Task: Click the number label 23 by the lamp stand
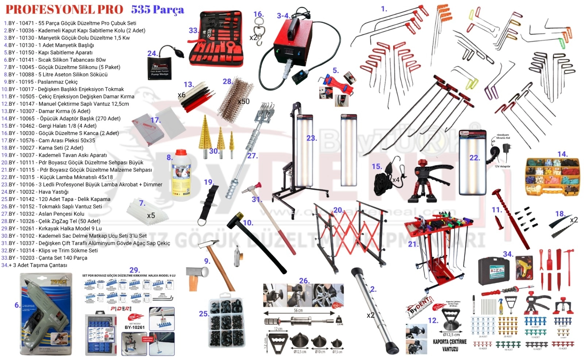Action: pos(311,138)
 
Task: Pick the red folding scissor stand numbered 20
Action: pos(350,233)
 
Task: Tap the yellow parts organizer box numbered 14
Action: pos(552,177)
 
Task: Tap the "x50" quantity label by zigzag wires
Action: pos(243,101)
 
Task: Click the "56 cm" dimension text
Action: pos(298,310)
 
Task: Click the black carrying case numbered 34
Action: pos(494,271)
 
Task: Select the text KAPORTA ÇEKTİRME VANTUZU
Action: pos(450,345)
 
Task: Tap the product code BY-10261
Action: pos(134,327)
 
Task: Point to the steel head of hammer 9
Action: pos(197,272)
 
